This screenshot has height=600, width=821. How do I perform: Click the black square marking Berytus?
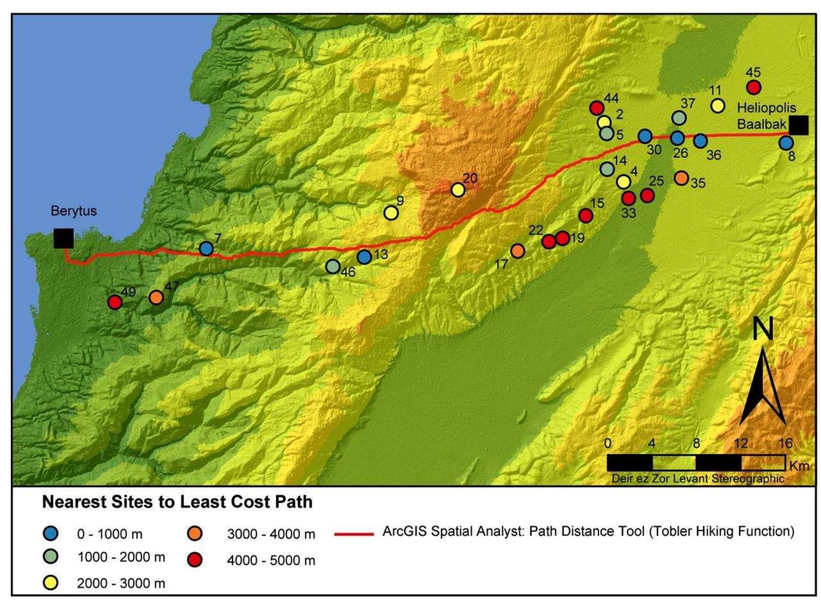pyautogui.click(x=63, y=238)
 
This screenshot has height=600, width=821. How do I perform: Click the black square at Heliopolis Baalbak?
pyautogui.click(x=798, y=125)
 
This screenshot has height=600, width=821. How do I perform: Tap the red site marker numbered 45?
pyautogui.click(x=753, y=87)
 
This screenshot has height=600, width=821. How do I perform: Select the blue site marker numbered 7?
pyautogui.click(x=206, y=249)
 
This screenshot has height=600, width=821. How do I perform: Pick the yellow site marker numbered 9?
pyautogui.click(x=391, y=213)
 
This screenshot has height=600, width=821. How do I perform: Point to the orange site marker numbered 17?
pyautogui.click(x=518, y=251)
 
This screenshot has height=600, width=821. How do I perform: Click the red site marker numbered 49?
pyautogui.click(x=115, y=302)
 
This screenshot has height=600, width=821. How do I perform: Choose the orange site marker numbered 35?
pyautogui.click(x=681, y=178)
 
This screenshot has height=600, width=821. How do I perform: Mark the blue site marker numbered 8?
pyautogui.click(x=786, y=143)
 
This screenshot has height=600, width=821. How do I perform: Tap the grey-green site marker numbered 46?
pyautogui.click(x=333, y=266)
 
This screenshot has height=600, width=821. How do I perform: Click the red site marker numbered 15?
pyautogui.click(x=586, y=216)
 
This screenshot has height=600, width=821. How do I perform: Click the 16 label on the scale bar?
pyautogui.click(x=785, y=443)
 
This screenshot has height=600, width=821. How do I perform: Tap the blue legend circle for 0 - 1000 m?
pyautogui.click(x=51, y=534)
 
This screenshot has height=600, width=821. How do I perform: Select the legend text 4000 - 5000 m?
pyautogui.click(x=271, y=560)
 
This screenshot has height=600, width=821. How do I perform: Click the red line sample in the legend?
pyautogui.click(x=354, y=534)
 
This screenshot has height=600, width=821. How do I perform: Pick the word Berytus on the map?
pyautogui.click(x=74, y=210)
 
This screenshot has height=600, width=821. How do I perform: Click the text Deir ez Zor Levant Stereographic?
pyautogui.click(x=697, y=478)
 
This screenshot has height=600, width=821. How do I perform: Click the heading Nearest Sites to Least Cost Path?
pyautogui.click(x=177, y=502)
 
